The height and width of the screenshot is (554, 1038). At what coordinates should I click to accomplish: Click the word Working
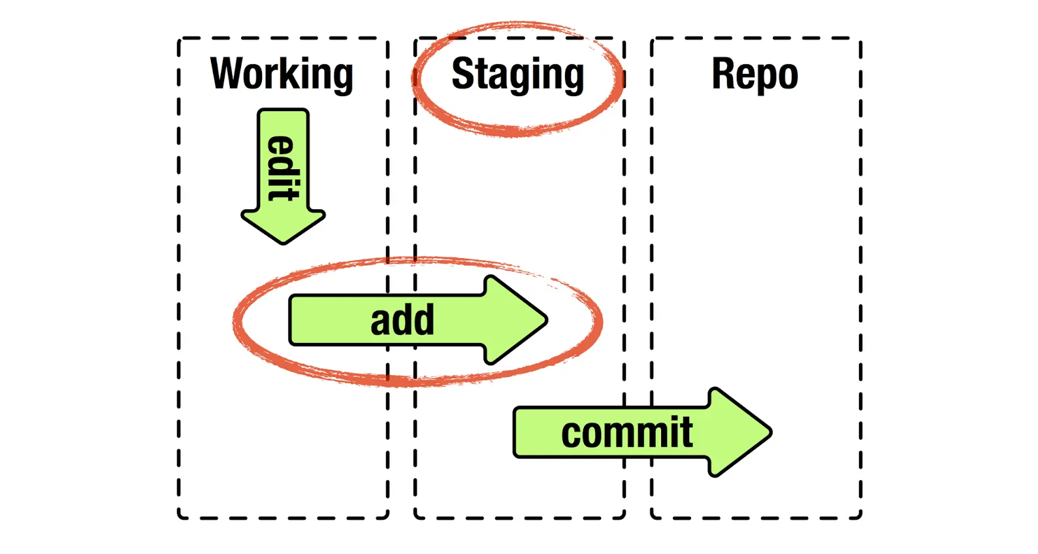(x=282, y=74)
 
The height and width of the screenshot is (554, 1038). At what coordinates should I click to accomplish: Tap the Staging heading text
(x=517, y=74)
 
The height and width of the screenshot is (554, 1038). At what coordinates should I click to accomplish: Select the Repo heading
(x=754, y=74)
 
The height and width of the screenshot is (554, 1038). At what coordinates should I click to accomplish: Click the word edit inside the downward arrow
(x=284, y=168)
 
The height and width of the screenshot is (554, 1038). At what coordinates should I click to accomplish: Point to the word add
(x=402, y=320)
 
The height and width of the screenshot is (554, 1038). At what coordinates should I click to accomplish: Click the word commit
(x=626, y=432)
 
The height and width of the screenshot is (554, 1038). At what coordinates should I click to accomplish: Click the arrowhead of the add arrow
(x=523, y=320)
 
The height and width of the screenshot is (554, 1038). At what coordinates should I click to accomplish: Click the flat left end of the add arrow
(x=291, y=320)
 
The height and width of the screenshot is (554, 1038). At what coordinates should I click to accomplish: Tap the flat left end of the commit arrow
(x=516, y=432)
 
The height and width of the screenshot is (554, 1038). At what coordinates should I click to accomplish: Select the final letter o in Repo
(x=787, y=76)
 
